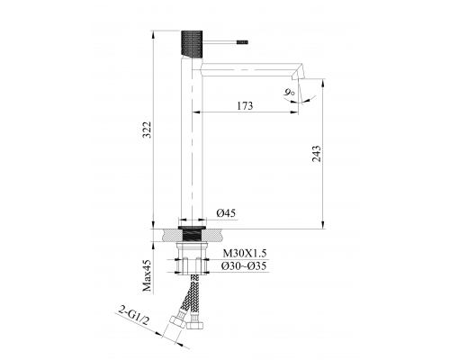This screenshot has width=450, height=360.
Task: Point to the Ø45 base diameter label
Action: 226,213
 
